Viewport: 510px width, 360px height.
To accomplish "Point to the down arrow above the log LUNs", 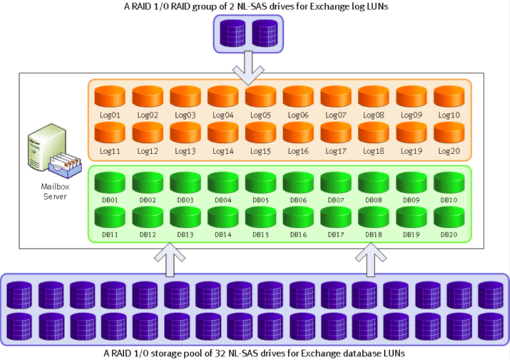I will click(254, 69).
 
